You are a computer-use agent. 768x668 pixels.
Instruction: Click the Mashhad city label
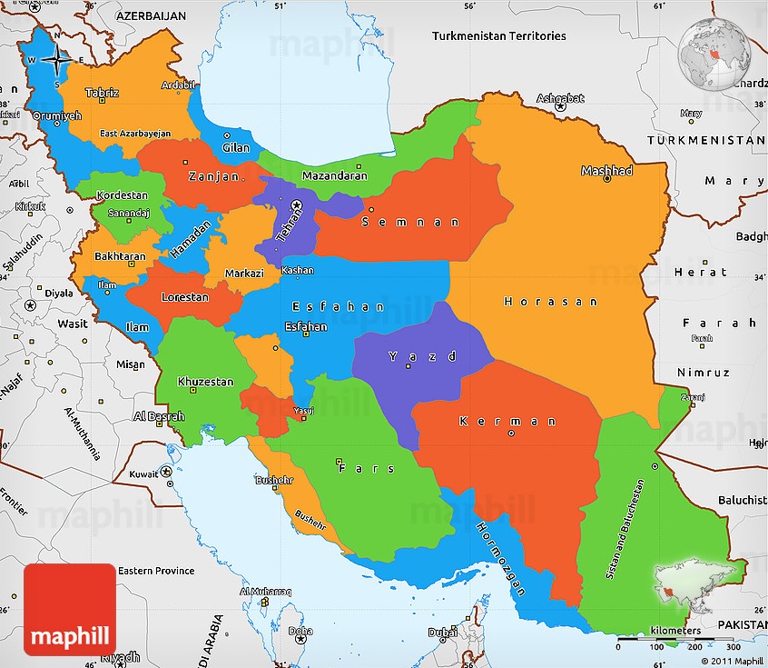click(606, 170)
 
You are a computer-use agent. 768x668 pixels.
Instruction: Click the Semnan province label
click(410, 222)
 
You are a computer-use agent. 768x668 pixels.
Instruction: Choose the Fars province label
click(367, 468)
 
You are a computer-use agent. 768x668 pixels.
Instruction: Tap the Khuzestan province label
click(205, 382)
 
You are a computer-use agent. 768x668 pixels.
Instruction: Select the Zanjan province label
click(214, 176)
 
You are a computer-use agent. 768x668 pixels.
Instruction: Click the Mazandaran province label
click(334, 175)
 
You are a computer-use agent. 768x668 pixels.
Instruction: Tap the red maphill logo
click(70, 609)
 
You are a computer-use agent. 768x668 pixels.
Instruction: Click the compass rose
click(55, 61)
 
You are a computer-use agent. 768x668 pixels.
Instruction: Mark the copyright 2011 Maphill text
click(731, 660)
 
